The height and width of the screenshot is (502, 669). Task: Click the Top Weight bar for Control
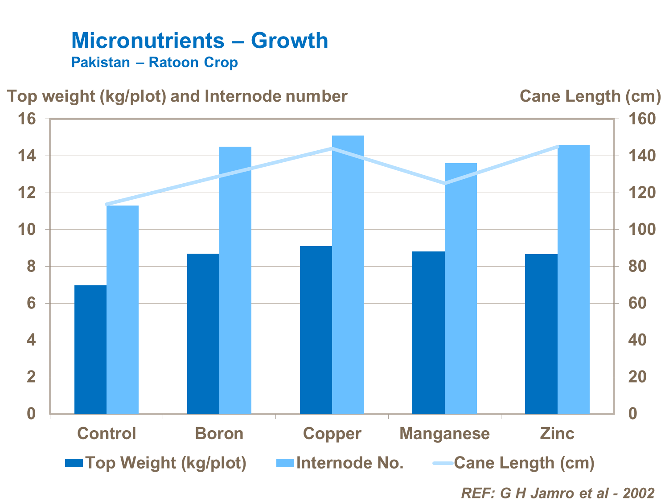(90, 350)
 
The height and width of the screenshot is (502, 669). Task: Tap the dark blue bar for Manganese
(428, 333)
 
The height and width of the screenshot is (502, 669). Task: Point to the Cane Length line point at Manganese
(444, 183)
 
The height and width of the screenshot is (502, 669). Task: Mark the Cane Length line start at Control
(107, 204)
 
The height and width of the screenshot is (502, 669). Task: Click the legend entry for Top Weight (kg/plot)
(156, 463)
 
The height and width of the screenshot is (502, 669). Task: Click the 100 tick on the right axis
(642, 230)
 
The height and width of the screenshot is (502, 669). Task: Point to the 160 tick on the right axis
(642, 119)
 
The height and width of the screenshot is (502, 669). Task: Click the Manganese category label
(444, 433)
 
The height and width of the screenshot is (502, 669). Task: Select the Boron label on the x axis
(219, 433)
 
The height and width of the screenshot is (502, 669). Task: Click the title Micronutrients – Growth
(200, 41)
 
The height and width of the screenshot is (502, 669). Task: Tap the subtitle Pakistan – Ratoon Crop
(155, 62)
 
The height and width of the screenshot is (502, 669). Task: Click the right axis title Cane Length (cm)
(590, 96)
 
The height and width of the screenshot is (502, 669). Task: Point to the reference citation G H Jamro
(558, 493)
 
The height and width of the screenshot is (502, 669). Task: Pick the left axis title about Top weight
(177, 96)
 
